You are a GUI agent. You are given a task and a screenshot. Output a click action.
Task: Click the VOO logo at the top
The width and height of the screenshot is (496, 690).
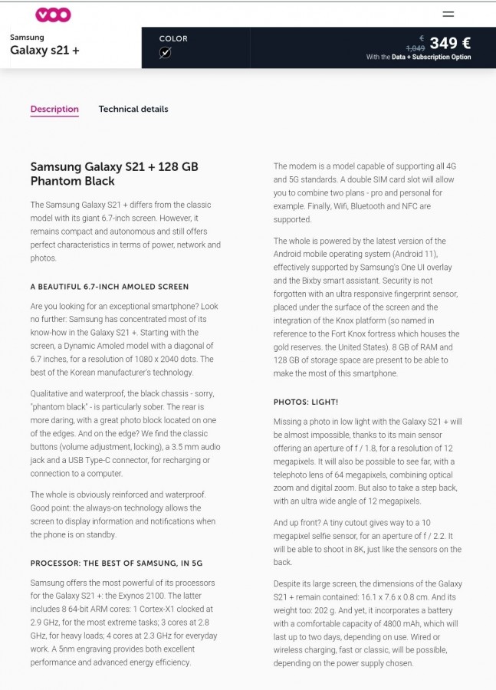(53, 15)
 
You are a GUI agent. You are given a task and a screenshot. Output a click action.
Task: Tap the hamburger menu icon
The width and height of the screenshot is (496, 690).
(448, 14)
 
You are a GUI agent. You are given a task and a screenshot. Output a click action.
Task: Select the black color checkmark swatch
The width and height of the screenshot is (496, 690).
(165, 53)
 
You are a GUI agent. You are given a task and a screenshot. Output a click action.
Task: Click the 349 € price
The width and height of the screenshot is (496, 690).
(450, 43)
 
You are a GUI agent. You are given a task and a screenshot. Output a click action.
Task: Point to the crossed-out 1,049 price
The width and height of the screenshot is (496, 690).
(416, 48)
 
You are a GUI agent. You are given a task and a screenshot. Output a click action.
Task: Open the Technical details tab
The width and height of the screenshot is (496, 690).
(133, 109)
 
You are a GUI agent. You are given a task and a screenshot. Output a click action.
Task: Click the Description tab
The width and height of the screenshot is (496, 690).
(54, 109)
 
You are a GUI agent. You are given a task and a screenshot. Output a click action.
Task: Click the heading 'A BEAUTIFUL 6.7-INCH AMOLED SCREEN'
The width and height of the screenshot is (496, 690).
(109, 287)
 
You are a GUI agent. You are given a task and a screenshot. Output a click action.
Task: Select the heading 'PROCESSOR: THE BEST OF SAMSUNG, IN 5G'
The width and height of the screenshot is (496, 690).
(116, 563)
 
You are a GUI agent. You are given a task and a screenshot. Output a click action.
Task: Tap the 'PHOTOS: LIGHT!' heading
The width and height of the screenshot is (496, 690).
(306, 402)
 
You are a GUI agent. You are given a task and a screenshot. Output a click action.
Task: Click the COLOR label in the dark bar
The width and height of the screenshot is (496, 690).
(173, 38)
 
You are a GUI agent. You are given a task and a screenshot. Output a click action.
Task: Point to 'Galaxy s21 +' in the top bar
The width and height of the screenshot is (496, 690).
(44, 51)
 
